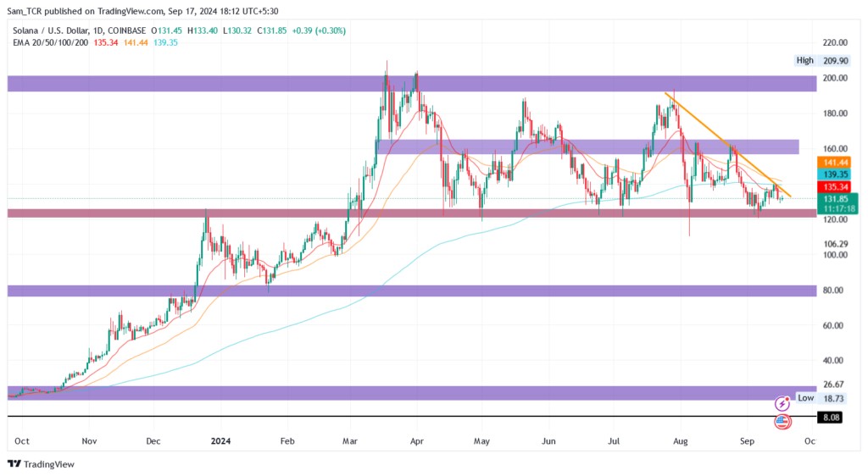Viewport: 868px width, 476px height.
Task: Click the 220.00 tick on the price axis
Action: (x=835, y=42)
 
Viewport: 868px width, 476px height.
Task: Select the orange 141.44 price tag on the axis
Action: (x=834, y=163)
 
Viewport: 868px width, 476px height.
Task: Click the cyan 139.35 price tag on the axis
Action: (x=834, y=174)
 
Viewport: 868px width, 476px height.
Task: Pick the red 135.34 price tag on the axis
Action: (x=834, y=187)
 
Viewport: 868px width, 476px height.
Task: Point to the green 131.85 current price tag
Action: (x=837, y=204)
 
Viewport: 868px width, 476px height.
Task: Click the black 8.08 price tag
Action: (x=831, y=418)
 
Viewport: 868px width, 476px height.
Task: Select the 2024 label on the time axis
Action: (x=220, y=441)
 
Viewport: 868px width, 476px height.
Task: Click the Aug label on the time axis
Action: (x=681, y=441)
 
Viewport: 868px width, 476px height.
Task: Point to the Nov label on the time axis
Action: (x=89, y=441)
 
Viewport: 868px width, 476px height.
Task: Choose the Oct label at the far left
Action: (x=22, y=441)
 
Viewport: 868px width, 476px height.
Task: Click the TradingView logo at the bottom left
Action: (x=41, y=464)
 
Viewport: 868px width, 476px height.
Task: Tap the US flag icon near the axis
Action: (x=782, y=422)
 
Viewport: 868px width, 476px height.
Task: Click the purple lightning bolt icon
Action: (x=782, y=404)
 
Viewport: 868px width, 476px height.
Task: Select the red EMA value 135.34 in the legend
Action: (x=106, y=42)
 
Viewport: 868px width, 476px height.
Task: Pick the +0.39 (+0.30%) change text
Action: (x=319, y=31)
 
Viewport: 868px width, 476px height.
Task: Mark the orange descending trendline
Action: (x=728, y=146)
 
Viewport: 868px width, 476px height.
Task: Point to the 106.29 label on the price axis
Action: (x=835, y=244)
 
